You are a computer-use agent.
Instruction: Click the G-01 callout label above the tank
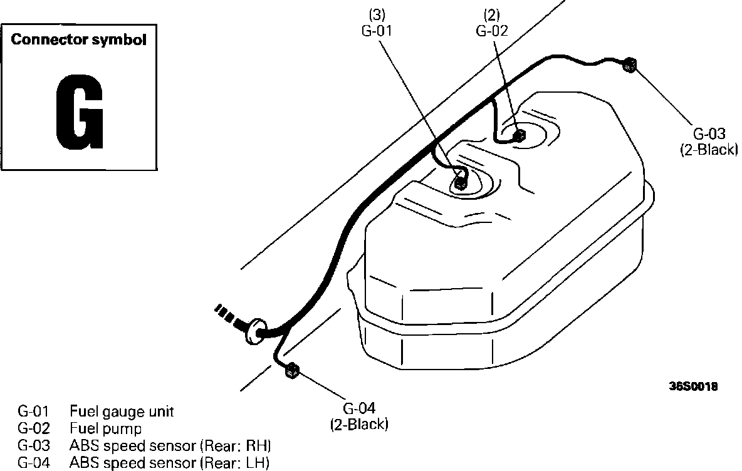click(x=377, y=31)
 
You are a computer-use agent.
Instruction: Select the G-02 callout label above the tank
click(x=492, y=31)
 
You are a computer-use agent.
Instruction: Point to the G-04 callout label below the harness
click(x=359, y=408)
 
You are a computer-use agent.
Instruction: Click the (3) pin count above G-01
click(x=377, y=15)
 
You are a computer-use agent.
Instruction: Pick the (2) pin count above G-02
click(x=492, y=15)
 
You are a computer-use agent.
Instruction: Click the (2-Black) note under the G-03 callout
click(x=709, y=150)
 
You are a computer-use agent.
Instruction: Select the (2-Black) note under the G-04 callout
click(x=358, y=424)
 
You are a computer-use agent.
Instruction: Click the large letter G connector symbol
click(x=79, y=111)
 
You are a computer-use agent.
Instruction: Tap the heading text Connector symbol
click(x=78, y=39)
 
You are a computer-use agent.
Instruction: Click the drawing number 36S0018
click(x=693, y=386)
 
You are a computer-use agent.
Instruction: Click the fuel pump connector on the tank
click(x=519, y=135)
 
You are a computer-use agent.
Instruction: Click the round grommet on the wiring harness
click(x=256, y=329)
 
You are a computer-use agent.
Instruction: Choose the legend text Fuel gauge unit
click(x=122, y=411)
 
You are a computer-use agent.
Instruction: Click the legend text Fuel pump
click(x=105, y=428)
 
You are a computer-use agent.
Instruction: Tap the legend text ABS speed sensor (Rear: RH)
click(x=170, y=445)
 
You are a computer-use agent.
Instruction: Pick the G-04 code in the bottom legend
click(x=33, y=462)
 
